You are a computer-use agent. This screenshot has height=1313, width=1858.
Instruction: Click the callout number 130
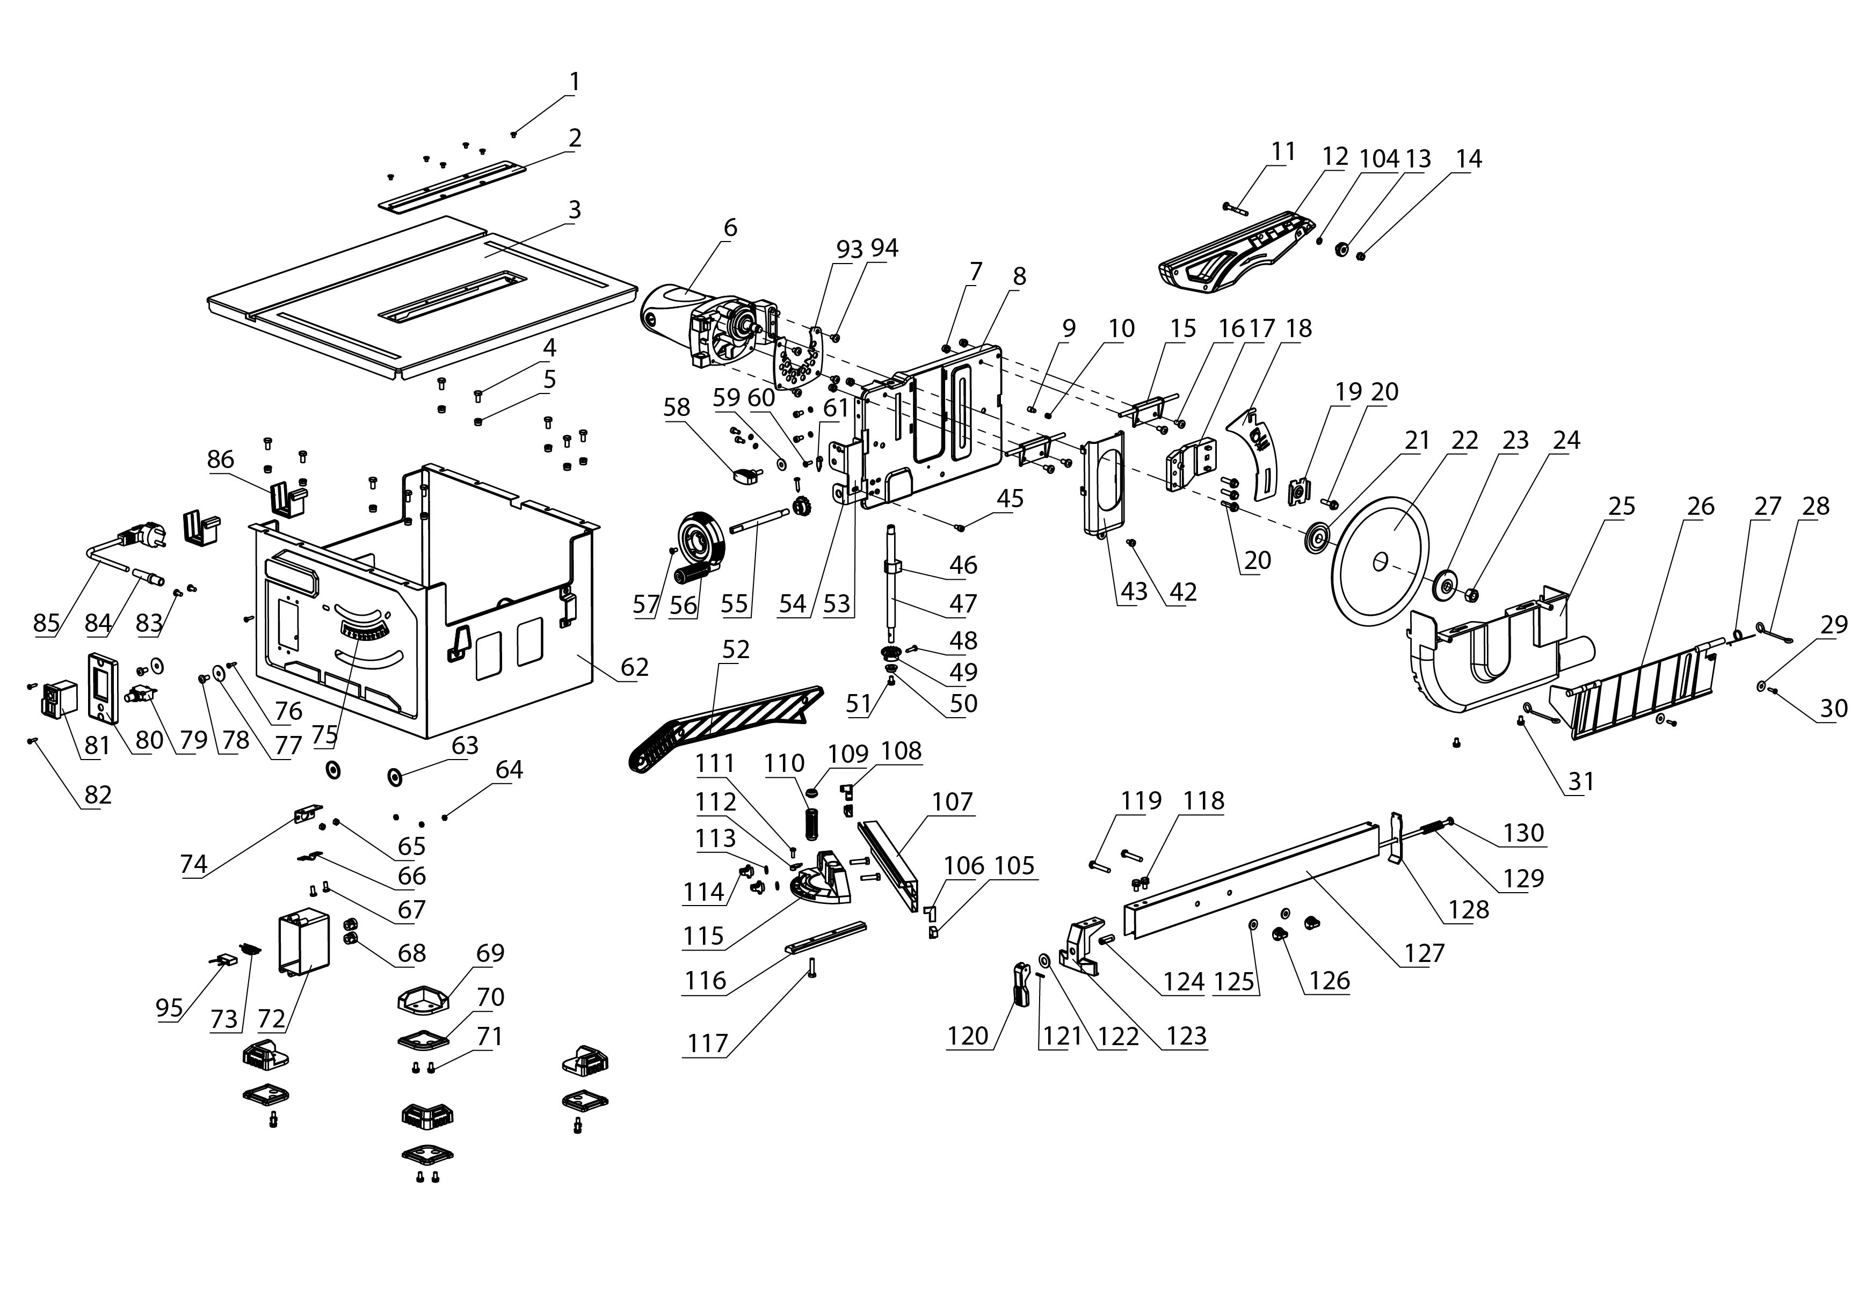pyautogui.click(x=1524, y=833)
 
